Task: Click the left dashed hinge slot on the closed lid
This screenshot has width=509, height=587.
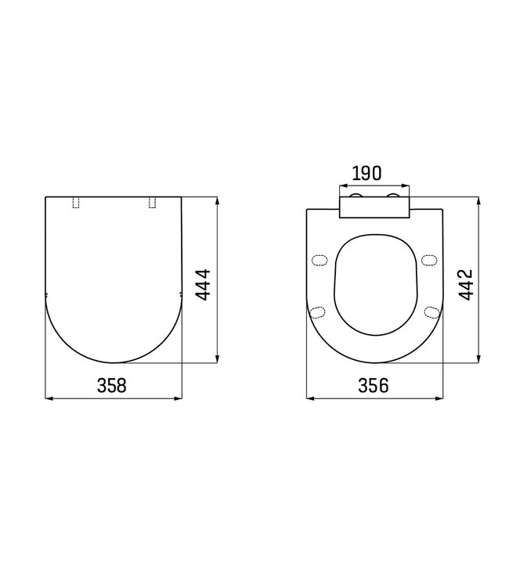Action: tap(76, 203)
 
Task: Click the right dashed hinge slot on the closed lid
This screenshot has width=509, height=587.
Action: tap(151, 203)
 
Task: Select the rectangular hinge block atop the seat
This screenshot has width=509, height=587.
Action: tap(374, 207)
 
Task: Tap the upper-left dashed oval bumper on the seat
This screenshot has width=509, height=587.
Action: tap(319, 260)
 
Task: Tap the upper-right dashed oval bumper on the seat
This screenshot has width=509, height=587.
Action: tap(428, 260)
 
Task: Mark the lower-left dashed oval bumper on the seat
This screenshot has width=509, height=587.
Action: tap(318, 312)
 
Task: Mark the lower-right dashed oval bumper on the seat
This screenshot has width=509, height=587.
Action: tap(429, 312)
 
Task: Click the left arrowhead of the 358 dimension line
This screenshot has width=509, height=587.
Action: tap(47, 399)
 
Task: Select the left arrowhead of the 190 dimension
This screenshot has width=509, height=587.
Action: tap(341, 187)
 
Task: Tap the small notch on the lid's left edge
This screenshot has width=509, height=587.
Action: tap(45, 294)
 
